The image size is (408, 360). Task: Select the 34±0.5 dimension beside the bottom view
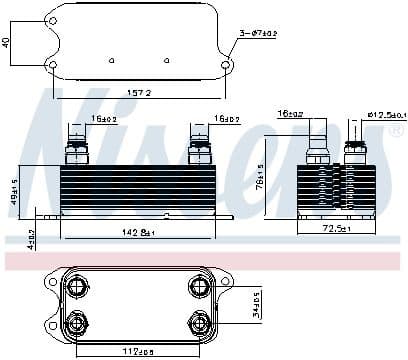point(255,303)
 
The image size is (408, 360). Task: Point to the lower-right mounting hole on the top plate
point(226,67)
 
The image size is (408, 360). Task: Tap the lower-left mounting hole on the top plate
point(52,67)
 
